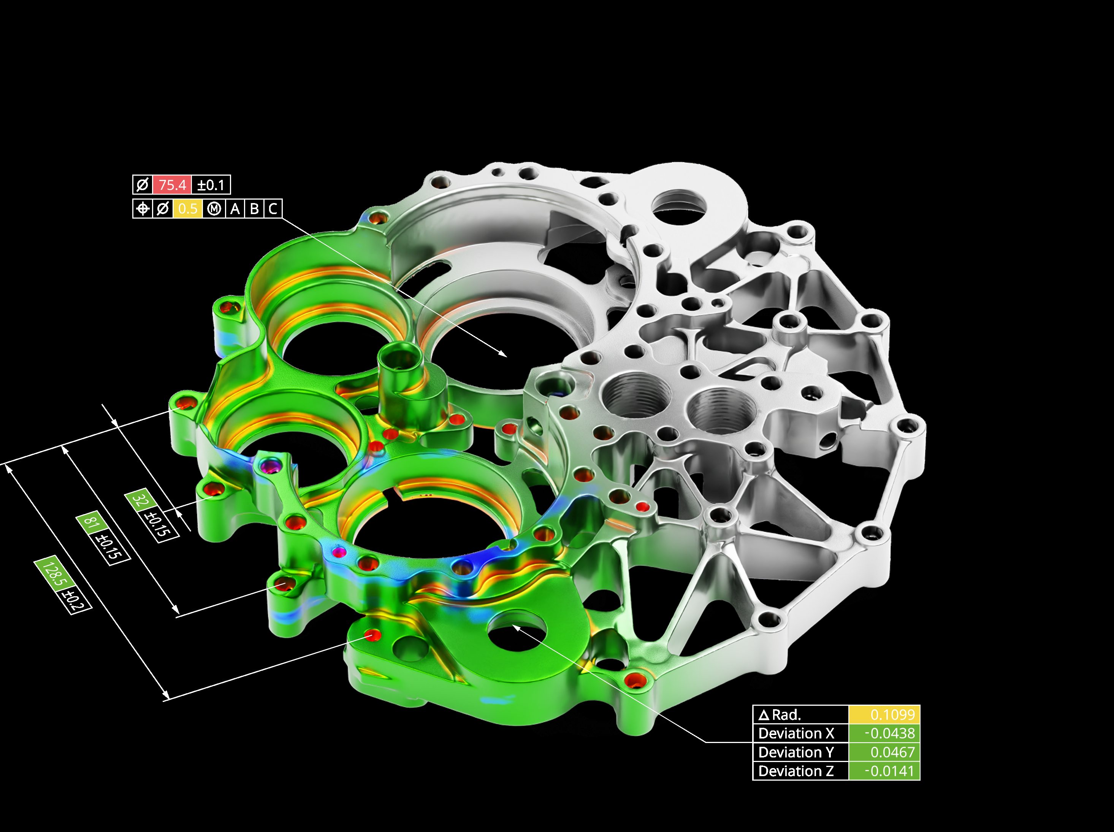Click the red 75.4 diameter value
pos(172,185)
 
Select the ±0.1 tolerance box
pos(211,185)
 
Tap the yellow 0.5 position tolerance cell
pos(188,208)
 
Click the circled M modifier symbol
pos(215,208)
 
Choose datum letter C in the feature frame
pos(273,208)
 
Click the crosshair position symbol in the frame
pos(143,208)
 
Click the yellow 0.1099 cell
pos(884,715)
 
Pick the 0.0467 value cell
pos(884,753)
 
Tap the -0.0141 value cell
pos(884,771)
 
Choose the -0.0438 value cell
pos(884,733)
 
